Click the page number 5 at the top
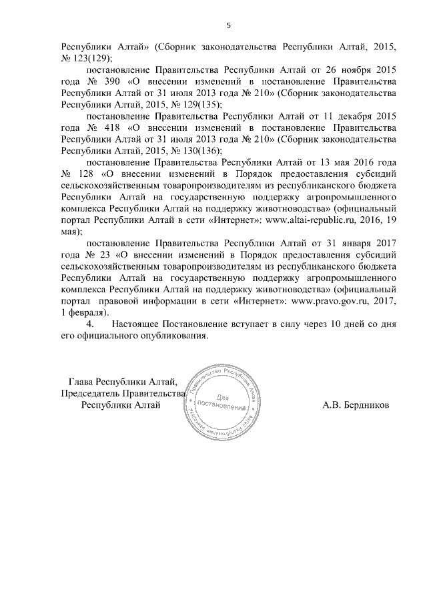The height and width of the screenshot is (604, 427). click(228, 25)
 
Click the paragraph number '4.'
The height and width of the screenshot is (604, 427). click(93, 324)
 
